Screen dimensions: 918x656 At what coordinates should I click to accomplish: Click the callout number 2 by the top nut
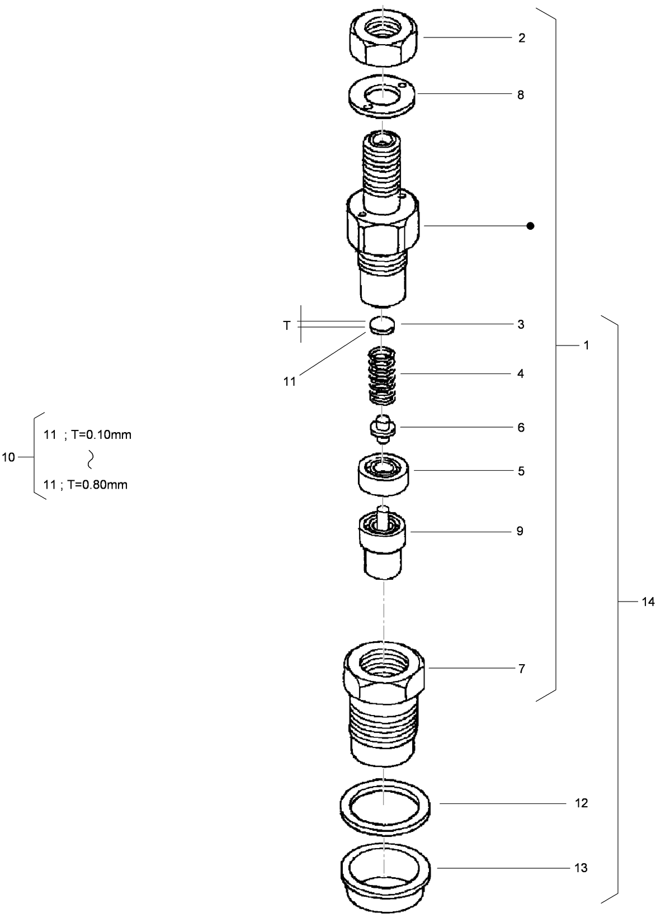521,39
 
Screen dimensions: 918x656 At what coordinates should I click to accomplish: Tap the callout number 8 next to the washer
521,95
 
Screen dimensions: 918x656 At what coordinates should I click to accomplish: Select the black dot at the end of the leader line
530,226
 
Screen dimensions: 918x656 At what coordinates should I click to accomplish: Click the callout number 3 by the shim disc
521,325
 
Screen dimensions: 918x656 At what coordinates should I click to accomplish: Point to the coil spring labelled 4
383,376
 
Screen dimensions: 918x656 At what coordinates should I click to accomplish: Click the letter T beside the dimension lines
287,325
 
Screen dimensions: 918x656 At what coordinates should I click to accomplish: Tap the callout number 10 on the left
8,458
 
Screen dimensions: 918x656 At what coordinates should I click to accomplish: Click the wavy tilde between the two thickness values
89,460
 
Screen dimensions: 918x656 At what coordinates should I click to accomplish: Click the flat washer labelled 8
382,96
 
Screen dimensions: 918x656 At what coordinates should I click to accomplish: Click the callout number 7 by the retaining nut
521,669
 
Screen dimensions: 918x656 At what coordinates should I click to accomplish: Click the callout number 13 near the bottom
581,868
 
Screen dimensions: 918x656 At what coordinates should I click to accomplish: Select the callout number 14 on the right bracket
648,602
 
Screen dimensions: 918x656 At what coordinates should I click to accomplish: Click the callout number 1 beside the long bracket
586,346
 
